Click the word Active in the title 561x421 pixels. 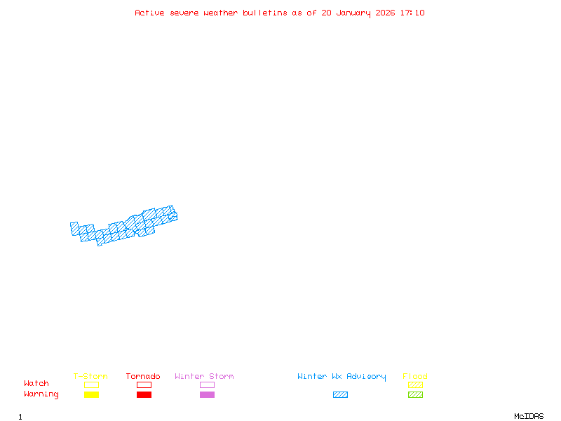pos(150,13)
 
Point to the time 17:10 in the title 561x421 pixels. pos(412,13)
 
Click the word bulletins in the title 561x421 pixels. pos(264,13)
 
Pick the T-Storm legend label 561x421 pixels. pos(90,377)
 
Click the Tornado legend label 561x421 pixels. pos(143,377)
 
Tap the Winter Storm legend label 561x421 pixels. pos(204,377)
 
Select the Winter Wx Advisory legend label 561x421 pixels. pos(342,377)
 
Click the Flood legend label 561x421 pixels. pos(415,377)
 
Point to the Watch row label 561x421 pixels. pos(36,384)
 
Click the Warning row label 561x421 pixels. pos(41,394)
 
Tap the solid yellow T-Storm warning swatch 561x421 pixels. pos(91,394)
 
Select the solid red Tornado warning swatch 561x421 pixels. pos(144,394)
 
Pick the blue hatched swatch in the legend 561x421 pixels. pos(340,394)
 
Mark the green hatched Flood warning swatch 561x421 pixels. pos(415,394)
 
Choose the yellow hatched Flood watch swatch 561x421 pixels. pos(415,385)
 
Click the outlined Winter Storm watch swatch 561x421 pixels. pos(207,385)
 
